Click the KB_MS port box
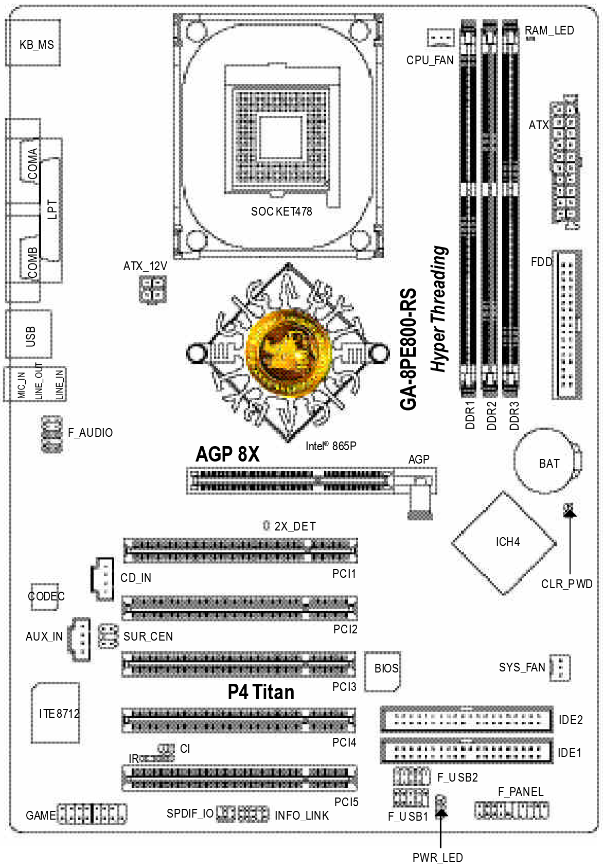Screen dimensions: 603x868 pos(33,43)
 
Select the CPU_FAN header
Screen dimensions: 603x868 pos(440,38)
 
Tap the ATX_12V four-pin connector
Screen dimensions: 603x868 pos(153,289)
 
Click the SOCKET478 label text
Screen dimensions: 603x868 pos(281,211)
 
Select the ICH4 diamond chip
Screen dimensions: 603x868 pos(504,543)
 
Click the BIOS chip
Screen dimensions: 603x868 pos(382,671)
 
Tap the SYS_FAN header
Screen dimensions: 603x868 pos(560,668)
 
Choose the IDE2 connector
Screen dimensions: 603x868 pos(467,719)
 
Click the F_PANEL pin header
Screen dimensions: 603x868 pos(511,810)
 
